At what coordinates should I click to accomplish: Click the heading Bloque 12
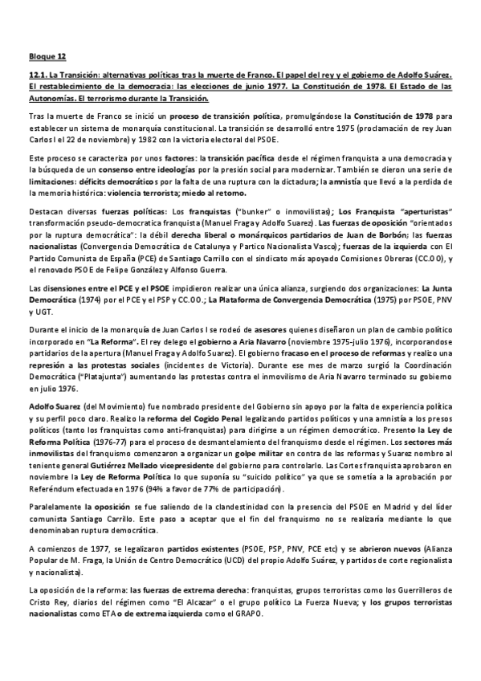tap(43, 57)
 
